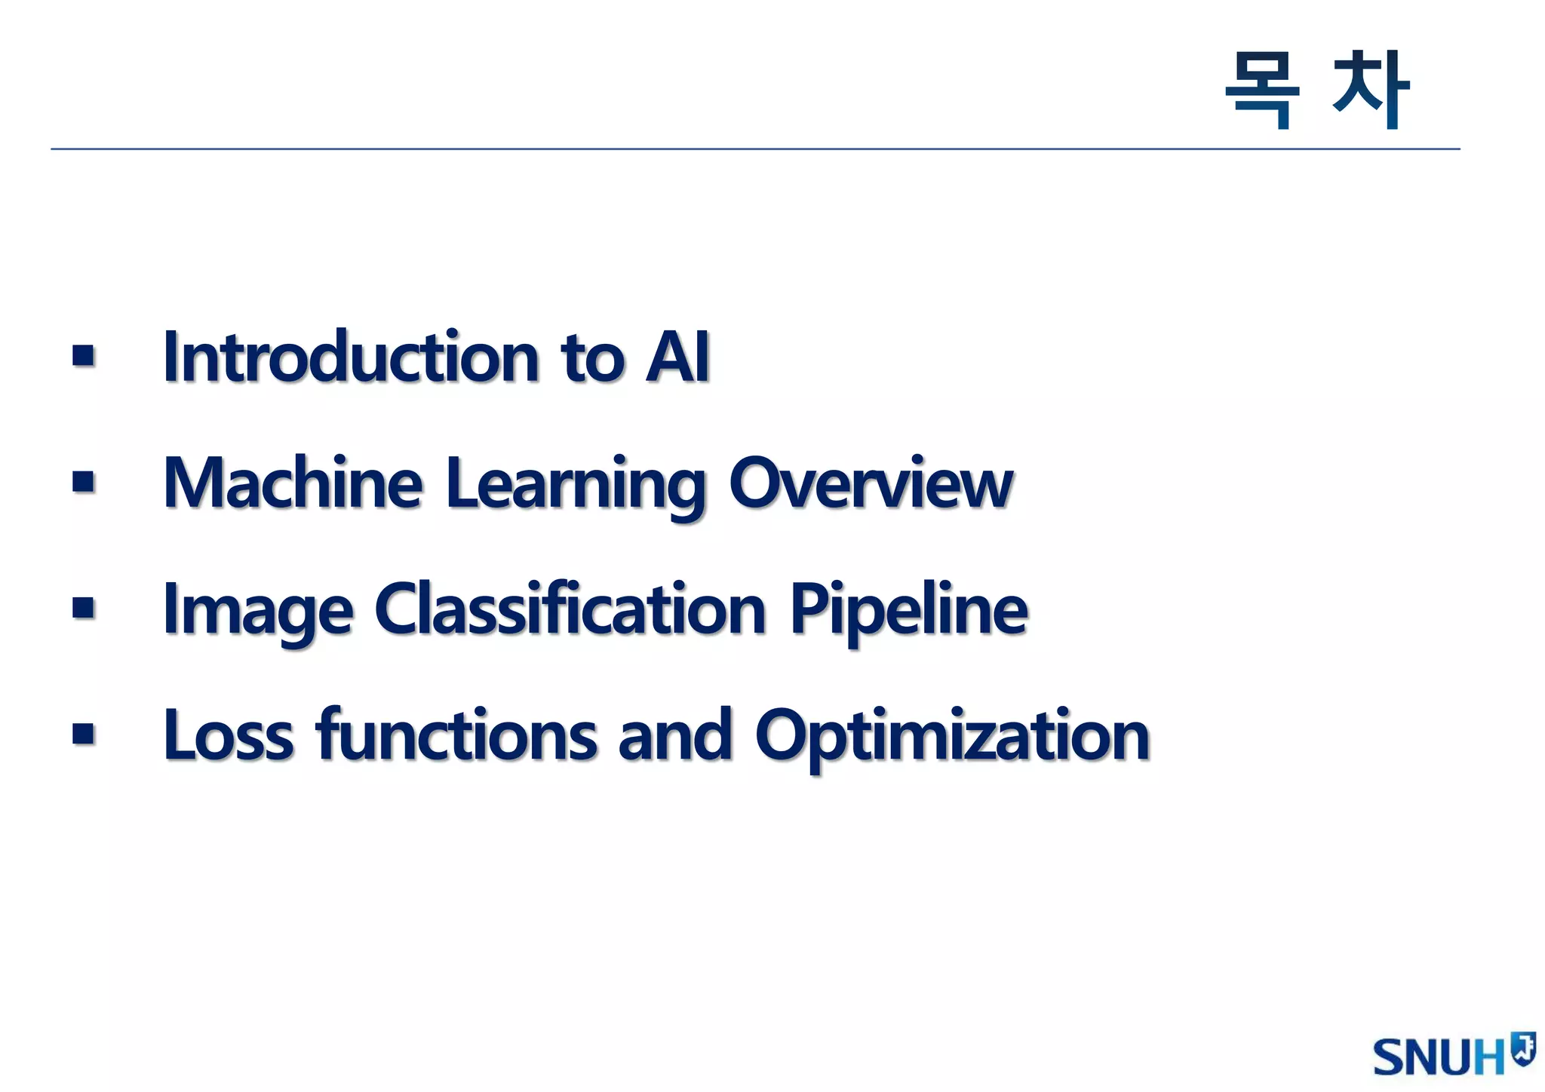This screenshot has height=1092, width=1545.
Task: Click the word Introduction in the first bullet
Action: pos(351,357)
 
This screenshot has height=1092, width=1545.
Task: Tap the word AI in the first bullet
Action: pos(677,357)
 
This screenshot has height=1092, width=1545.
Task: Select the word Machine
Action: pos(293,483)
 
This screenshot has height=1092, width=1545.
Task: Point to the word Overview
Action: pos(871,483)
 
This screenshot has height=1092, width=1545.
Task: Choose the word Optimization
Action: pos(952,737)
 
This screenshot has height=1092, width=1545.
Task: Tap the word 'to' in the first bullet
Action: pos(593,359)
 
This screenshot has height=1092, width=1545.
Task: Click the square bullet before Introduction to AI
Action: pos(84,356)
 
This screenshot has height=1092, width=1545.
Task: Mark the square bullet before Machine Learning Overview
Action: pos(84,482)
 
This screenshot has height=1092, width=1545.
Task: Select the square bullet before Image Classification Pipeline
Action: pos(84,608)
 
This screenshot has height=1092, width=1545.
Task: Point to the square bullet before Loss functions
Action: pos(84,734)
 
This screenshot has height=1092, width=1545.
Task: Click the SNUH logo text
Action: pos(1439,1057)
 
